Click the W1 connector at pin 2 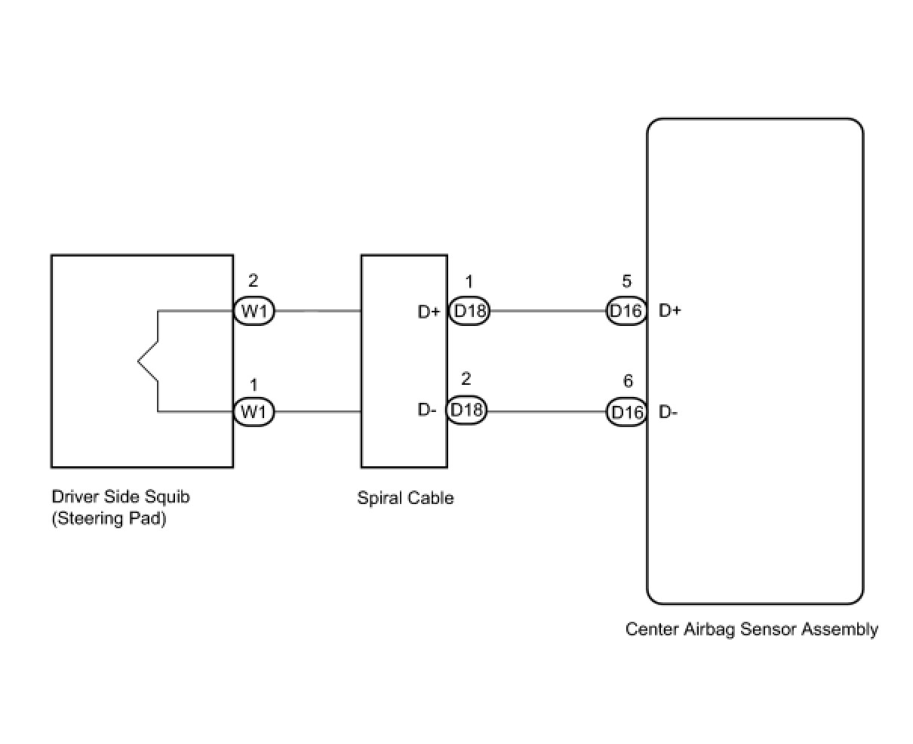point(254,311)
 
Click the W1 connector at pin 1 point(254,412)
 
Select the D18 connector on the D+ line point(469,311)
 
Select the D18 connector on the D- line point(466,411)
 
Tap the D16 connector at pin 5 point(626,311)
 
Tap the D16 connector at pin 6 point(626,412)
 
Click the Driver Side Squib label point(121,497)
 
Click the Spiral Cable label point(405,498)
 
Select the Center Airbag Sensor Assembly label point(752,629)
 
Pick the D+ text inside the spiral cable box point(429,312)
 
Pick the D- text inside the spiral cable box point(427,411)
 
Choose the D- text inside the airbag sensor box point(668,412)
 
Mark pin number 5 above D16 point(627,281)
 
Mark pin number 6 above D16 point(628,382)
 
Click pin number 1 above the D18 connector point(469,282)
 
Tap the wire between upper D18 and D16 point(548,311)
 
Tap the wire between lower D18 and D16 point(546,412)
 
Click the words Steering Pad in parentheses point(109,519)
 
